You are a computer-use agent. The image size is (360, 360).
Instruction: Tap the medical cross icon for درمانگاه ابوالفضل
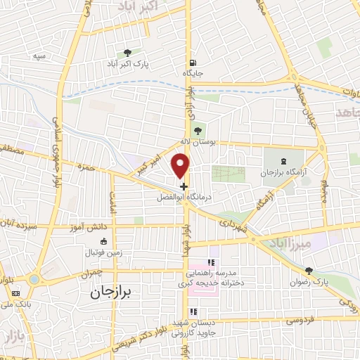tap(184, 187)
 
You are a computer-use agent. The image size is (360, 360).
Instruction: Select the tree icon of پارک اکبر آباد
tap(127, 52)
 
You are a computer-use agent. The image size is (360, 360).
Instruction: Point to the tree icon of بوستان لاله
tap(198, 129)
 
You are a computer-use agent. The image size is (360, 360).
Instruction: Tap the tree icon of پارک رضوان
tap(309, 271)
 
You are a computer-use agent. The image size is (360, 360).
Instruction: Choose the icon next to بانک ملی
tap(16, 292)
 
